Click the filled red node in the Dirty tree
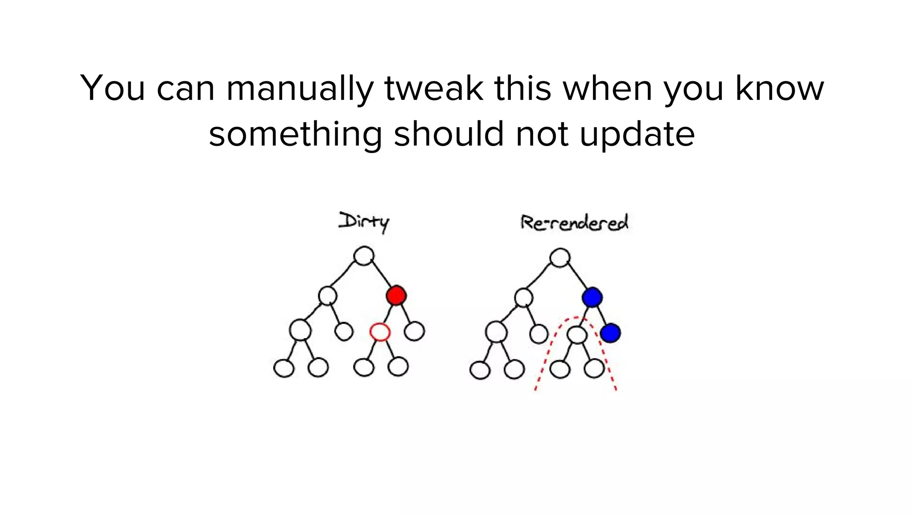click(x=396, y=296)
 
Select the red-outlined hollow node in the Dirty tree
click(x=380, y=332)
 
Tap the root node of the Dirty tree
click(x=364, y=256)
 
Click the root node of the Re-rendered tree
click(x=560, y=257)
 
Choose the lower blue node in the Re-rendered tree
click(x=610, y=333)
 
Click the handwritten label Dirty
click(x=364, y=222)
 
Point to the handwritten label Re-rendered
click(x=575, y=223)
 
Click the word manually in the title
click(x=300, y=88)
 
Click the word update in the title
click(x=637, y=134)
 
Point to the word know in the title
click(x=779, y=88)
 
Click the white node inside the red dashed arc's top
click(x=577, y=335)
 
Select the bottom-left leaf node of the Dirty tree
click(x=284, y=369)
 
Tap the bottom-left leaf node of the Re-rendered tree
click(x=480, y=370)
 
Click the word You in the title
click(x=113, y=88)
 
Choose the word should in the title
click(x=449, y=134)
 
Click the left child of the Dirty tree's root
click(x=328, y=295)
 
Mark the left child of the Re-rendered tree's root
click(x=523, y=297)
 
